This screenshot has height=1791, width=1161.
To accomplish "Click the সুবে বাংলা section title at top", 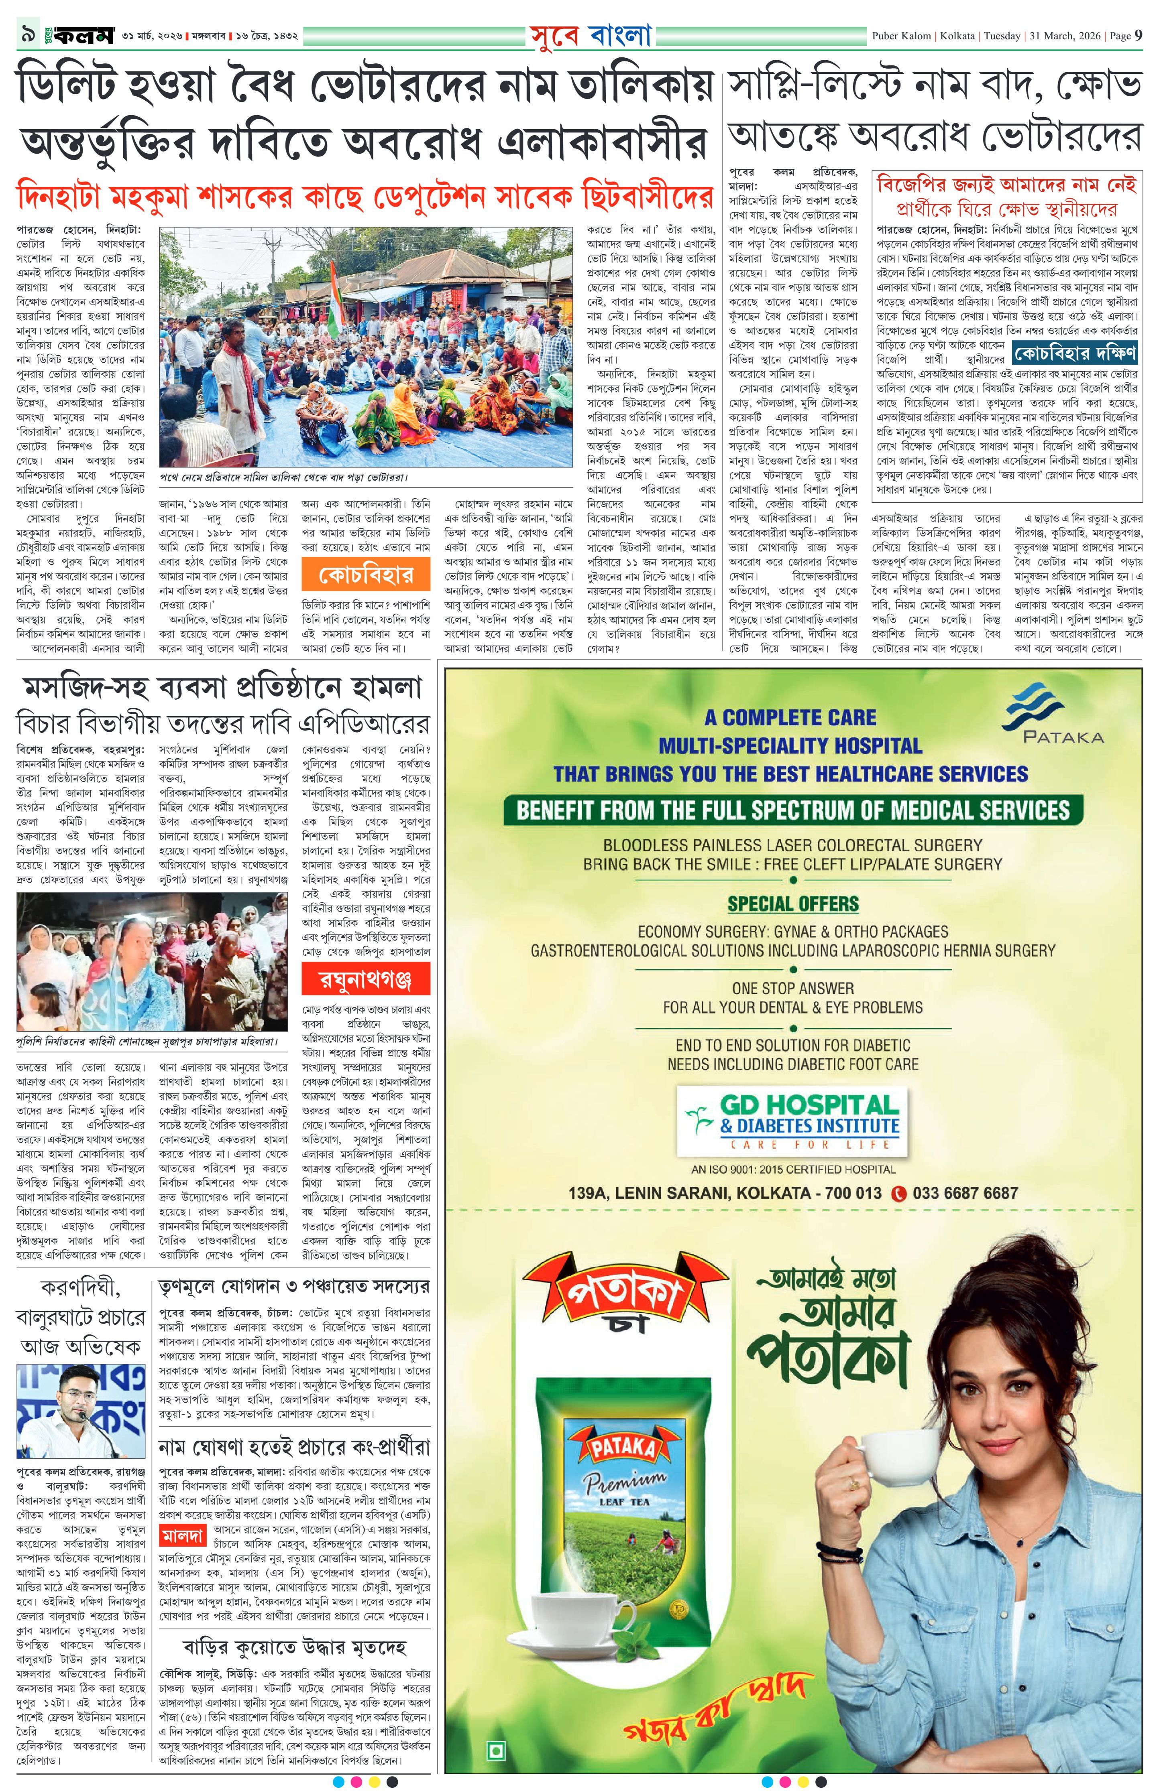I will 590,35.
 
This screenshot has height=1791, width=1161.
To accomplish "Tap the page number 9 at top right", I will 1139,35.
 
